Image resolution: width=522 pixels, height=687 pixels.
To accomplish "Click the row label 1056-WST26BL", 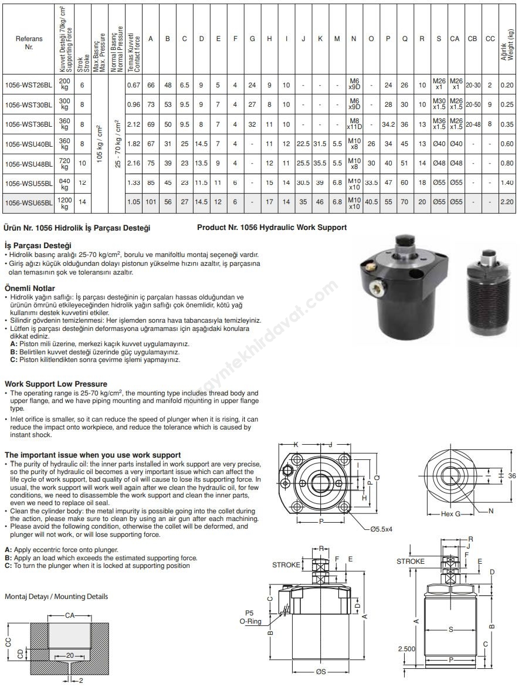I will (29, 86).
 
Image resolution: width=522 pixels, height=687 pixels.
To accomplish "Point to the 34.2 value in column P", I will (388, 125).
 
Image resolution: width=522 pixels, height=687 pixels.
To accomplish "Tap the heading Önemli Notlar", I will (29, 289).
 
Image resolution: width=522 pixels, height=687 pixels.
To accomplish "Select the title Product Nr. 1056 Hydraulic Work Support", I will (272, 227).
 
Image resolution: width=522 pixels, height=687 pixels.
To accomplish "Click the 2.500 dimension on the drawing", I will (406, 649).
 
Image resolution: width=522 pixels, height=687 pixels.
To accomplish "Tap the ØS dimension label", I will (320, 672).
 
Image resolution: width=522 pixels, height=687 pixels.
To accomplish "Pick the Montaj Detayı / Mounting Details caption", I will (56, 597).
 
